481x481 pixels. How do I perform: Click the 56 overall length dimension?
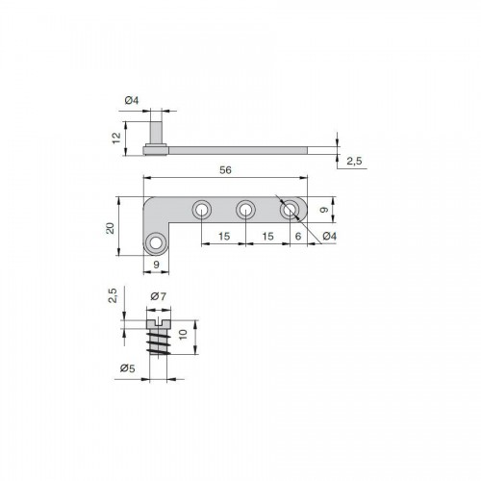225,170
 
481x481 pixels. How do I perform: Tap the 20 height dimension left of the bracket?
110,228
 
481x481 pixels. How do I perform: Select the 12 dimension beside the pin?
116,138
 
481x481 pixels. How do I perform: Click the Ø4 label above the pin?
132,100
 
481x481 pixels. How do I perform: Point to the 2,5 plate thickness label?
354,161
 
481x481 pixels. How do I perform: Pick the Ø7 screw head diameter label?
159,296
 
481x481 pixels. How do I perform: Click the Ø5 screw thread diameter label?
128,368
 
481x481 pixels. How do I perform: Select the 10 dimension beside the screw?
183,335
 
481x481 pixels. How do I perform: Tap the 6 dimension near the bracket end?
298,236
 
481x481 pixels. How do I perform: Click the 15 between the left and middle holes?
224,237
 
